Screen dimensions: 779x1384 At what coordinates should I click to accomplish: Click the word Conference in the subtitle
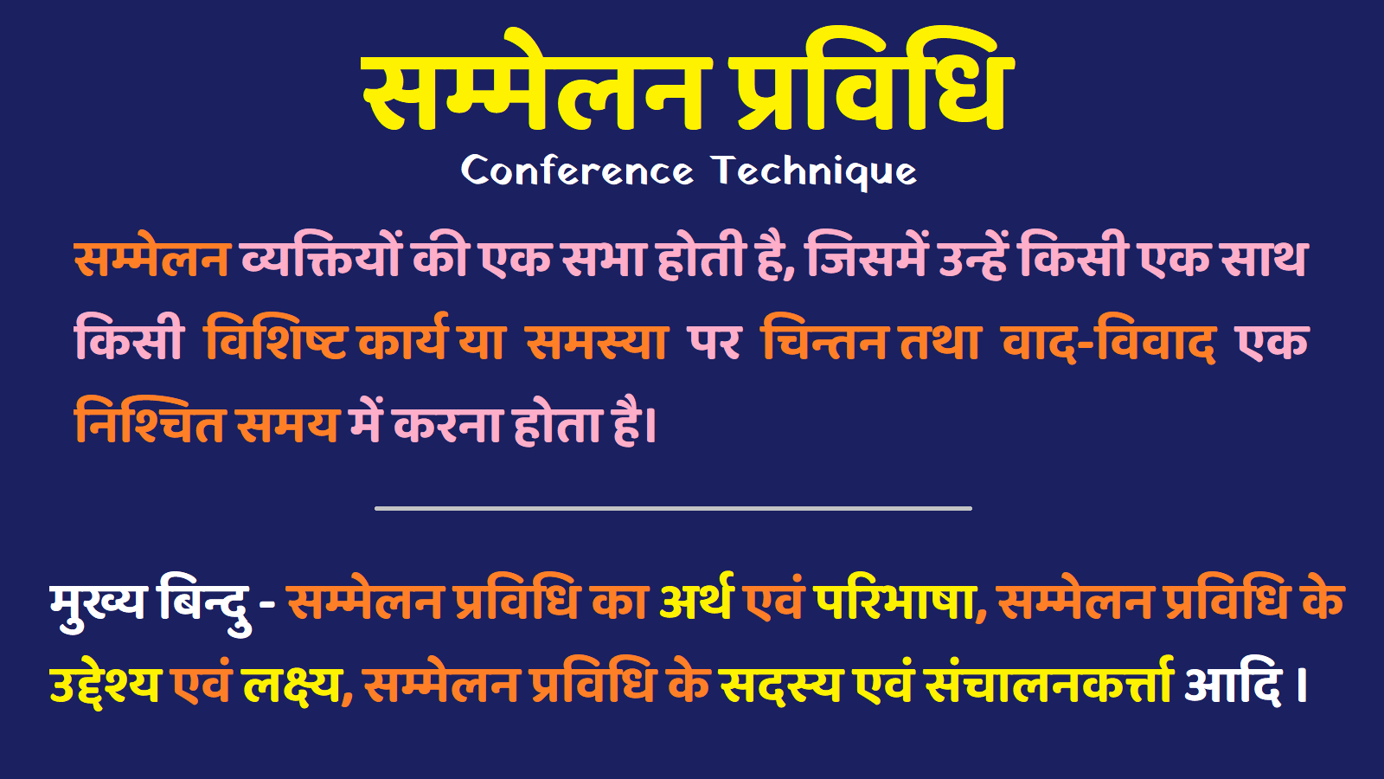pos(577,171)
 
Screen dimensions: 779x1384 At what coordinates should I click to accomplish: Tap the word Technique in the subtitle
pos(814,171)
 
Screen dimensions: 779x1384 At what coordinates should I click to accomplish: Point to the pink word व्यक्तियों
pos(321,257)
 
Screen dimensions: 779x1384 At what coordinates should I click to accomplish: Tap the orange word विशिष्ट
pos(276,340)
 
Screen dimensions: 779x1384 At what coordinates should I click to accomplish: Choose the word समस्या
pos(597,340)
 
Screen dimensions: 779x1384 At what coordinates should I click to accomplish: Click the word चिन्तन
pos(824,340)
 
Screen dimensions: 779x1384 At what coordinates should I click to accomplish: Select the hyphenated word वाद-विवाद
pos(1109,340)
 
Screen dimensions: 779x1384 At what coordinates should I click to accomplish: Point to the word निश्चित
pos(150,422)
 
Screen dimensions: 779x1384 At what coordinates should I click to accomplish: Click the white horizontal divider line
pos(673,508)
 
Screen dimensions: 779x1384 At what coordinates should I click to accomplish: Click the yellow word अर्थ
pos(696,600)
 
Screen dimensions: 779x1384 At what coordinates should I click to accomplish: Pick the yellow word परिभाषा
pos(894,600)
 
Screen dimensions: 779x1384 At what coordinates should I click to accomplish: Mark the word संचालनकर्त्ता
pos(1048,684)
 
